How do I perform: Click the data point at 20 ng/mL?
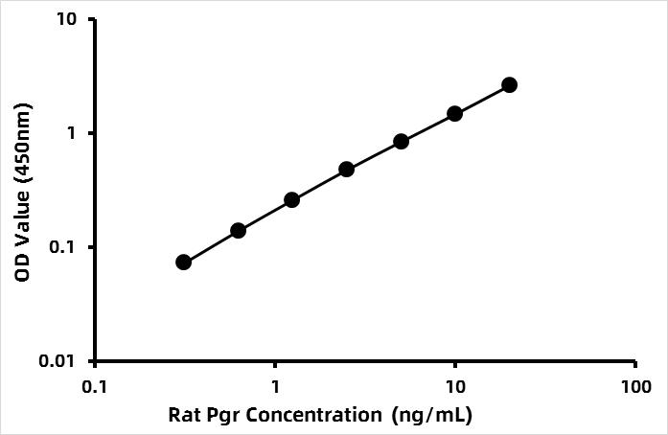point(509,84)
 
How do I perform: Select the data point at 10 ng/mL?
point(455,113)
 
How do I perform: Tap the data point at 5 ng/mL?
point(401,141)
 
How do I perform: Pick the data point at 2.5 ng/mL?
point(347,170)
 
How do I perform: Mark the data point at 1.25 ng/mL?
point(291,200)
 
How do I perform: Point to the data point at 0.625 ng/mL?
point(238,231)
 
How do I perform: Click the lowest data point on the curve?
point(183,262)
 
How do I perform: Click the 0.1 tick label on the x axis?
point(95,387)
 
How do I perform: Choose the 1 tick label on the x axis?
point(275,387)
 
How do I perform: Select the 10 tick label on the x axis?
point(455,387)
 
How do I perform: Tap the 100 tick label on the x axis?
point(635,387)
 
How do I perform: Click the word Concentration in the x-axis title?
point(314,415)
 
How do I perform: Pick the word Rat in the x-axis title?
point(182,415)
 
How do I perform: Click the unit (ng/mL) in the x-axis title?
point(432,416)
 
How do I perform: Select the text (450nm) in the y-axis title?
point(23,145)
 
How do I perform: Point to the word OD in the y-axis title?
point(22,267)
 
